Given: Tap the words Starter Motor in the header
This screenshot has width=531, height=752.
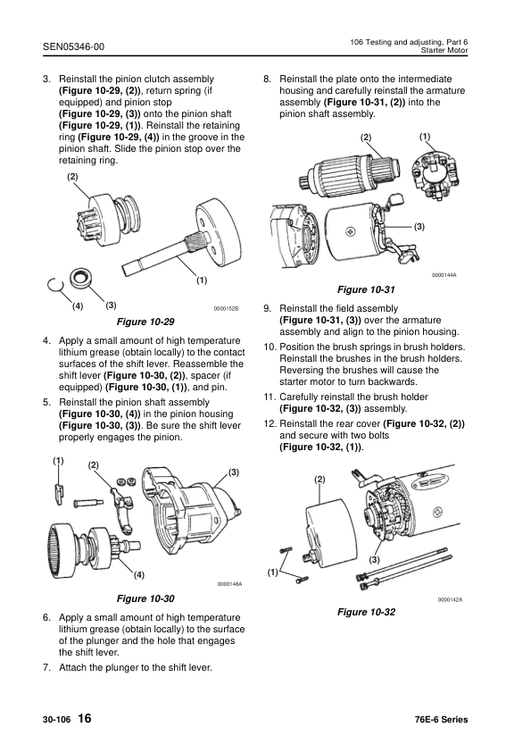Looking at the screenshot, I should [443, 52].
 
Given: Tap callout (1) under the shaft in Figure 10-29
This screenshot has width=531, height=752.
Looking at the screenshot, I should [202, 280].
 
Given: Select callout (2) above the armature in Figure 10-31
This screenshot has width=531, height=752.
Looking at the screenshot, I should [367, 138].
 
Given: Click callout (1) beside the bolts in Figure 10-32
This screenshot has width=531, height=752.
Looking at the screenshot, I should [272, 572].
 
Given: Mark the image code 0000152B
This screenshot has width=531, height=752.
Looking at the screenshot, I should [227, 309].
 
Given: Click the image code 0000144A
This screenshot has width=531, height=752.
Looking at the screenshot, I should [444, 275].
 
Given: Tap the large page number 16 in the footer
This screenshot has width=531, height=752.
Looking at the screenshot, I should [84, 719].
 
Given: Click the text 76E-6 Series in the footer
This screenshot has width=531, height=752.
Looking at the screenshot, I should [441, 720].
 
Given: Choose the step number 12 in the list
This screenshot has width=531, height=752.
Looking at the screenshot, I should [270, 422].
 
